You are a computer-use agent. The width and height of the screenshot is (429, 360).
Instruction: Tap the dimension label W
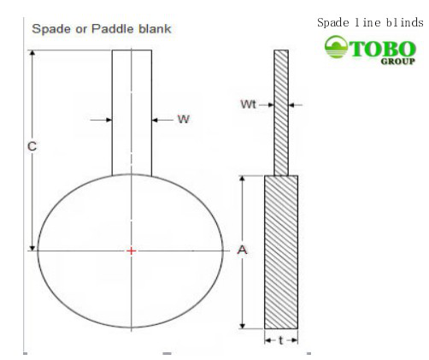182,120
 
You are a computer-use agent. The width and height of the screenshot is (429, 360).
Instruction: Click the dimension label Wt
249,105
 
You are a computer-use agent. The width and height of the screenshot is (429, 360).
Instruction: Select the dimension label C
30,147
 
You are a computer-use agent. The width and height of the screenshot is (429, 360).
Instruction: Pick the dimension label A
242,251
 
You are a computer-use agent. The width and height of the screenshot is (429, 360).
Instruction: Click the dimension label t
281,339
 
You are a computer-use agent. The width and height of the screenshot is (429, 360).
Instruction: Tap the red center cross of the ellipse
131,251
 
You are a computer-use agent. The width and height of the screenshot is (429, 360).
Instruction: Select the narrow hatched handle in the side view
281,111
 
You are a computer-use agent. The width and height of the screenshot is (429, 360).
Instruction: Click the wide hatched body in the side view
281,252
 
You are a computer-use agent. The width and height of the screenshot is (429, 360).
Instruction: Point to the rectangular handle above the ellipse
132,111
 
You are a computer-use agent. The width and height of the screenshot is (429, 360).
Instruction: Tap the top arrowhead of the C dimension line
34,54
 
